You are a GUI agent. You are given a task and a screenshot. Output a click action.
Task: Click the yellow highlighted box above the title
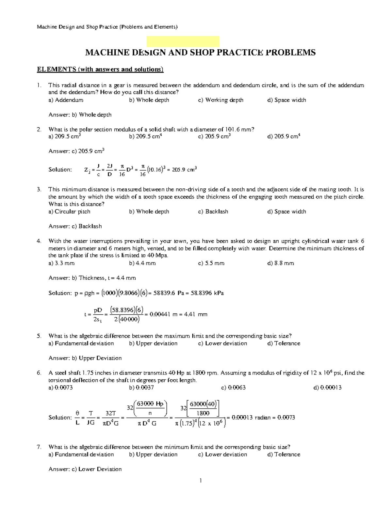(183, 41)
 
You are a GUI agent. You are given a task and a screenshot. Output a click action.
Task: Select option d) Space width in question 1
(286, 100)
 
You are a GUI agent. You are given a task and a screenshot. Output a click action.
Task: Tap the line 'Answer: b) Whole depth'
(80, 115)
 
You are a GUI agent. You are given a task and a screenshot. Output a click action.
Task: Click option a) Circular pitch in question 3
(69, 212)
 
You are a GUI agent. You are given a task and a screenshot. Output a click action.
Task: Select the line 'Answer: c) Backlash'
(75, 226)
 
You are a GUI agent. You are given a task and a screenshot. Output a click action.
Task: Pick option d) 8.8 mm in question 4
(281, 263)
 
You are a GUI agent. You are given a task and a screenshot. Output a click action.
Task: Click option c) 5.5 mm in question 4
(211, 263)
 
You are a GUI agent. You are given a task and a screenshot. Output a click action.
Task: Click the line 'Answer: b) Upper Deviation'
(85, 358)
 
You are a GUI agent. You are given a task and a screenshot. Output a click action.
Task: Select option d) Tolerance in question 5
(284, 343)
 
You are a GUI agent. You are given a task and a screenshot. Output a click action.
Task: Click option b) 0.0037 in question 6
(141, 388)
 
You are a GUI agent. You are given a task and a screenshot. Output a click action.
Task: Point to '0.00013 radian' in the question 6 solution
(251, 417)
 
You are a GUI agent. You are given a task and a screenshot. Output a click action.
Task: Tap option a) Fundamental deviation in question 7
(81, 454)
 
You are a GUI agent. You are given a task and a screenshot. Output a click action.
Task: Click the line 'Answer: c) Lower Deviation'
(85, 469)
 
